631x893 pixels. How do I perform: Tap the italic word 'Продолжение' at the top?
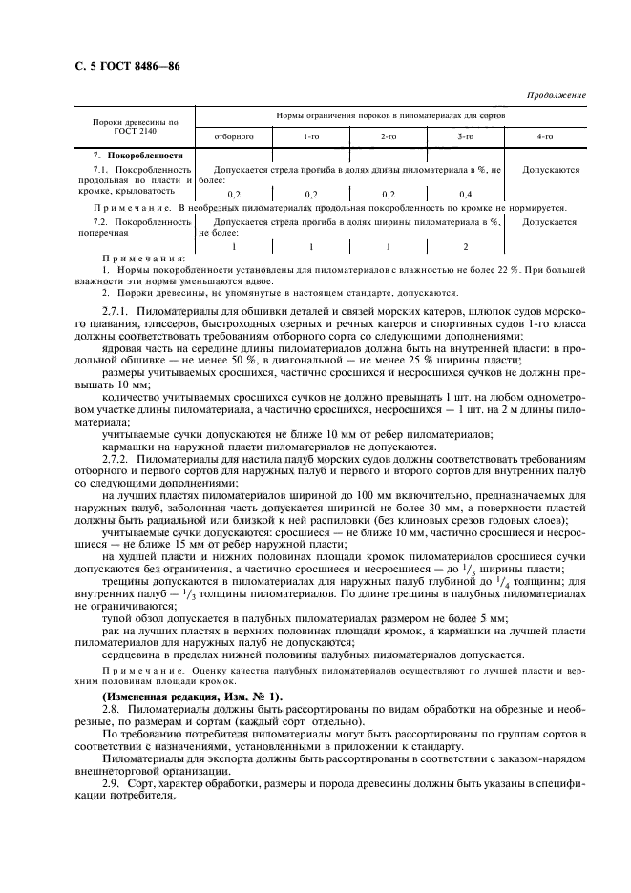coord(557,95)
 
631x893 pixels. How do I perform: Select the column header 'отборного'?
coord(233,136)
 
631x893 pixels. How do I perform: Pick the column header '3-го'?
coord(466,136)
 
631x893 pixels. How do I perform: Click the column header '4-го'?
coord(545,136)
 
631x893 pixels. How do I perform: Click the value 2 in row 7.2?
coord(466,246)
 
